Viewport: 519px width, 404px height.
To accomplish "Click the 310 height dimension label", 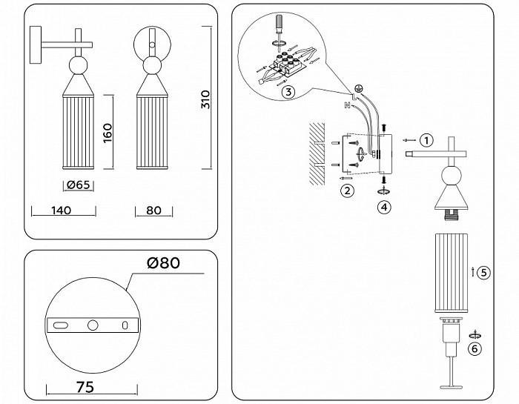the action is (205, 99).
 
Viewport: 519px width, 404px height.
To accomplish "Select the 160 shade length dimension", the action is (108, 133).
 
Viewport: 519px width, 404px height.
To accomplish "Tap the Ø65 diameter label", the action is (78, 185).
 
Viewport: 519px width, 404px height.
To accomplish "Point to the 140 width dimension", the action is (62, 210).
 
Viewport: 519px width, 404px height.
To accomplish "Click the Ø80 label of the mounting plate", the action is (164, 263).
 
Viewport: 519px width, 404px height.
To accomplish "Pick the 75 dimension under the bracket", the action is (85, 387).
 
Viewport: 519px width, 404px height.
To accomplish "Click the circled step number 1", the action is (426, 140).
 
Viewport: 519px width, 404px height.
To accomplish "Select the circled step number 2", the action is (347, 191).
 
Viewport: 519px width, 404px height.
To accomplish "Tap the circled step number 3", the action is (288, 92).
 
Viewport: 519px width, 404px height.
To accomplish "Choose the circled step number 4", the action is (384, 207).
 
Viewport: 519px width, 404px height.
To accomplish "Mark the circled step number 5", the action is (484, 273).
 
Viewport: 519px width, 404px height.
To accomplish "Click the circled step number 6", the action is (475, 348).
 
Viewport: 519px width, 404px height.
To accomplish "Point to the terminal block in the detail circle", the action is (285, 64).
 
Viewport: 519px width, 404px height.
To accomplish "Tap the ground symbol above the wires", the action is (357, 88).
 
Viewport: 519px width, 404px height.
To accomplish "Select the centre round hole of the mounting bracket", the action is (93, 325).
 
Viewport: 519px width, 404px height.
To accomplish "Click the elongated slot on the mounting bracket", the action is (61, 325).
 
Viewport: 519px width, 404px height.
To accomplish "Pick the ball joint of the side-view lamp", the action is (79, 64).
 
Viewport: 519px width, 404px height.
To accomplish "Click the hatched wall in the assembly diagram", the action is (317, 154).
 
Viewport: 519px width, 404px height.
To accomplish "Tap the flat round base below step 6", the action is (451, 386).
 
